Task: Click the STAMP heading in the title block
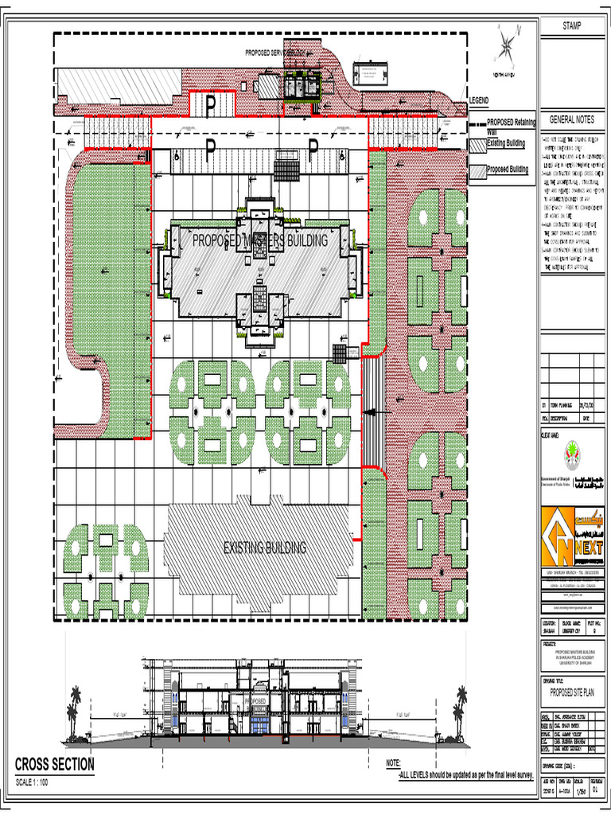click(x=571, y=25)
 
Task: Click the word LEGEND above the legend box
click(x=479, y=100)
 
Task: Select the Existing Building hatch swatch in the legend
click(x=477, y=146)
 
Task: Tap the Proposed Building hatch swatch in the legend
click(x=477, y=170)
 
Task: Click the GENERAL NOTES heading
click(x=571, y=119)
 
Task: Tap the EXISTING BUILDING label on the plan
click(x=264, y=548)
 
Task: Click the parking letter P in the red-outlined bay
click(x=211, y=104)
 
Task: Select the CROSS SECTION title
click(x=55, y=765)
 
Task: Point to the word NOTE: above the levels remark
click(x=393, y=763)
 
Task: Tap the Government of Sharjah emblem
click(x=570, y=457)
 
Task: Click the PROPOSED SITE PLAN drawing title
click(x=572, y=692)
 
